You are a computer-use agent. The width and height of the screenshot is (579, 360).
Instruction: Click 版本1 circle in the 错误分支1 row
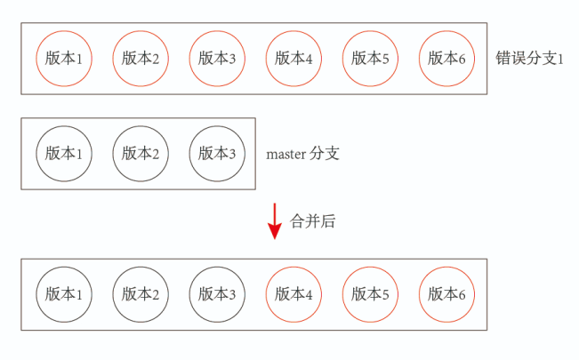tap(64, 59)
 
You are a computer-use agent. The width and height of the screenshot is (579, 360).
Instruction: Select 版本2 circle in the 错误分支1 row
tap(141, 59)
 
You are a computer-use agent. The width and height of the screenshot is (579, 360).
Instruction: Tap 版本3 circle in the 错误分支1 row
tap(217, 59)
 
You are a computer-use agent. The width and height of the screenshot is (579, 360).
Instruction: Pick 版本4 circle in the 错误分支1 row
tap(294, 59)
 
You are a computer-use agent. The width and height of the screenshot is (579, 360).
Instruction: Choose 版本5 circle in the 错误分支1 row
tap(370, 59)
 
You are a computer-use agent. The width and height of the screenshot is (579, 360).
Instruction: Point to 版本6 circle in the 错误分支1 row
tap(446, 59)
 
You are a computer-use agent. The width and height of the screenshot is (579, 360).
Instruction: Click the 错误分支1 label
tap(529, 59)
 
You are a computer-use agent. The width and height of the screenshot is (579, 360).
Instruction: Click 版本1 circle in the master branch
tap(64, 154)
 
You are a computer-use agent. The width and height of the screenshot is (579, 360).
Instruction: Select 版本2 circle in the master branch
tap(141, 154)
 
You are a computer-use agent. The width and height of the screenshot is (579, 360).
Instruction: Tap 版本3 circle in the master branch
tap(217, 154)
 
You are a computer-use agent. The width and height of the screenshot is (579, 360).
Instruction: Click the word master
tap(285, 155)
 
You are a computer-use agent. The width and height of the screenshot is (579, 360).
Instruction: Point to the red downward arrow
tap(274, 221)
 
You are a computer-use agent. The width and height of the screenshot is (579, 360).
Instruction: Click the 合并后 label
tap(312, 221)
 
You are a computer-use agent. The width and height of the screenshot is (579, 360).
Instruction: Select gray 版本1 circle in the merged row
tap(64, 294)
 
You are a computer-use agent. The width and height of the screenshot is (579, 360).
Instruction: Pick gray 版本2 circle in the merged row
tap(141, 294)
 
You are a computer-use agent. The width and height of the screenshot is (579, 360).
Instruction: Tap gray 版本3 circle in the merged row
tap(217, 294)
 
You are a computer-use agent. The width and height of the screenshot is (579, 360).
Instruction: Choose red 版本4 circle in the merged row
tap(294, 294)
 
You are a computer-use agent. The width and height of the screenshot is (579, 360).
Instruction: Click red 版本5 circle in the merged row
tap(370, 294)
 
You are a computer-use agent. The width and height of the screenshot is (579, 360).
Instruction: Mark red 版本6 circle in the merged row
tap(446, 294)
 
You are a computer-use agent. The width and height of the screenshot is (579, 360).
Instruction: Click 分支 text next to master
tap(325, 154)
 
